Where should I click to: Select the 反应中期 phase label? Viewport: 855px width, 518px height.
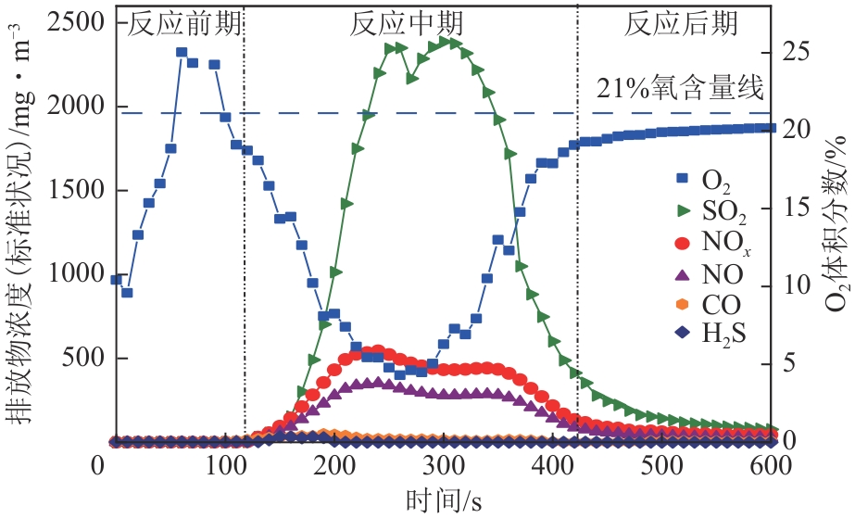coord(407,23)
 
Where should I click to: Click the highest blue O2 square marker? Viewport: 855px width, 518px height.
coord(182,53)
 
